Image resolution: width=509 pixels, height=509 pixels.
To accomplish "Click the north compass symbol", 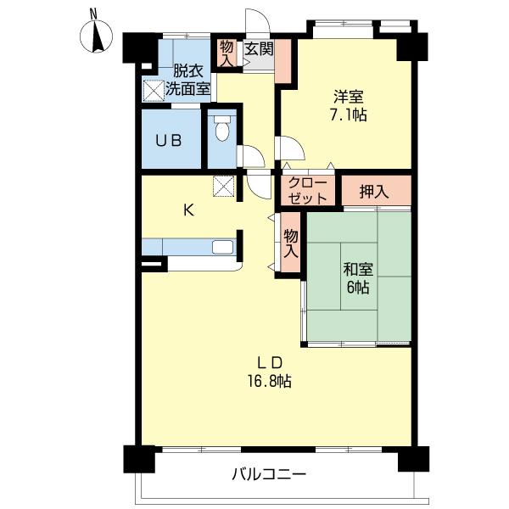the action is [x=96, y=34].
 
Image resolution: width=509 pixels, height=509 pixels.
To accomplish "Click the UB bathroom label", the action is [x=169, y=141].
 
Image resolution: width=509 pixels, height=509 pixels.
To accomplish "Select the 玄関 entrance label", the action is [x=259, y=49].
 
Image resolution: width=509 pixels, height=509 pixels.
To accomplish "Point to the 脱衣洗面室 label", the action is [x=187, y=80].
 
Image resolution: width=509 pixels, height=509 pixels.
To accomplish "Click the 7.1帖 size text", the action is [x=349, y=115].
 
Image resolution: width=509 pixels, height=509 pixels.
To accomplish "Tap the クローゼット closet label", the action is [x=308, y=191].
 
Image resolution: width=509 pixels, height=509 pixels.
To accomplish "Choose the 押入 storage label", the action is [x=374, y=193].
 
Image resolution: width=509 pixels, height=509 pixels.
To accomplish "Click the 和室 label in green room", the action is [x=358, y=270].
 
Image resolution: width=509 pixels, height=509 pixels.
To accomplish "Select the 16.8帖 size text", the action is [x=270, y=381].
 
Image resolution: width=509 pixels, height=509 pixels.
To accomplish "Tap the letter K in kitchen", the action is [x=188, y=211].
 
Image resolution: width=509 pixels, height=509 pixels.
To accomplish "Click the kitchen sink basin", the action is [x=222, y=247].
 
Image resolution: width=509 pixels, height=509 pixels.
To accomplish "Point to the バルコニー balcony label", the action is [x=269, y=475].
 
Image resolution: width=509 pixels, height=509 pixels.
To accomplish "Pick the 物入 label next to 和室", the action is [x=290, y=243].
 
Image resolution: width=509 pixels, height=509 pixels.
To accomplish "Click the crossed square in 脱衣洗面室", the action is [x=154, y=90].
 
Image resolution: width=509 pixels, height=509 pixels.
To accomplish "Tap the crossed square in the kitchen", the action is [x=224, y=187].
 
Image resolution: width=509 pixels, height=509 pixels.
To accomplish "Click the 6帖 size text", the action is [x=358, y=288].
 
